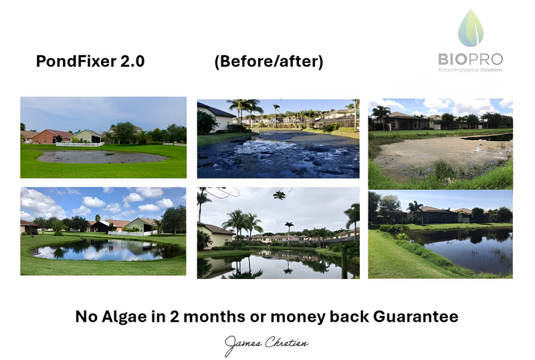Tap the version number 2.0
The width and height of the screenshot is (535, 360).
[130, 62]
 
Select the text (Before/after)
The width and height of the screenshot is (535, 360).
[269, 62]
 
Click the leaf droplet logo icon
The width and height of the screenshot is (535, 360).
[472, 29]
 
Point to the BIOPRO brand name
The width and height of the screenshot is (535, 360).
[471, 59]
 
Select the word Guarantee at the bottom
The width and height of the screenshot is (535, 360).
[419, 317]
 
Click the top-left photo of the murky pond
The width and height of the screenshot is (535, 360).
[103, 137]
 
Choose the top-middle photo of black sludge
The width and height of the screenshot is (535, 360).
[278, 139]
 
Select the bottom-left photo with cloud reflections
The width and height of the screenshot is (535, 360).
[103, 231]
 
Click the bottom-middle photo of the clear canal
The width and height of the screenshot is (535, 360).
[278, 233]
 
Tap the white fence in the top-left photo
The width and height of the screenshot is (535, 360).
[80, 144]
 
